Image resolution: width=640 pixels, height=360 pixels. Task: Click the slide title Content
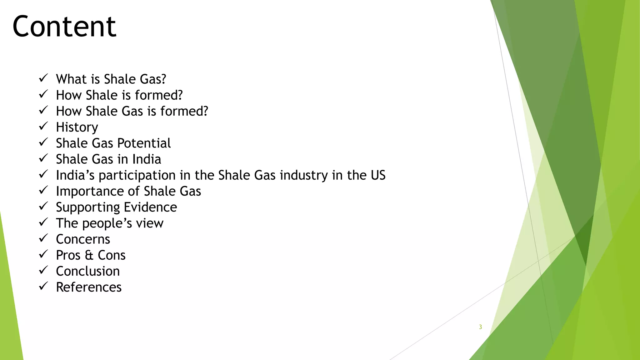tap(64, 27)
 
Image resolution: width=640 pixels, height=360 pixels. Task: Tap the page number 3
tap(480, 327)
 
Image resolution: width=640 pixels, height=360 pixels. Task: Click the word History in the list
tap(77, 127)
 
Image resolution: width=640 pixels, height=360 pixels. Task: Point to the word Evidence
tap(150, 207)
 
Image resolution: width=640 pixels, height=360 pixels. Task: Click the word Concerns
tap(83, 239)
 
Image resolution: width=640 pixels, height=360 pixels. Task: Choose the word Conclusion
tap(88, 271)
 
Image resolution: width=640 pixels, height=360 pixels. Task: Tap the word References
tap(89, 287)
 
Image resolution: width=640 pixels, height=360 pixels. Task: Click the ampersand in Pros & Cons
tap(89, 255)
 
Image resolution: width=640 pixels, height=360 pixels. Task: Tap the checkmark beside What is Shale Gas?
tap(43, 78)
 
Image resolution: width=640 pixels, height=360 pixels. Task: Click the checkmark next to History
tap(43, 126)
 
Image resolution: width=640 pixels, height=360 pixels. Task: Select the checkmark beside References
tap(43, 286)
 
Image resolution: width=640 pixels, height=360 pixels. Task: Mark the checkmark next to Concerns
tap(43, 238)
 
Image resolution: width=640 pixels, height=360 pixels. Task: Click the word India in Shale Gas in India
tap(147, 159)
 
